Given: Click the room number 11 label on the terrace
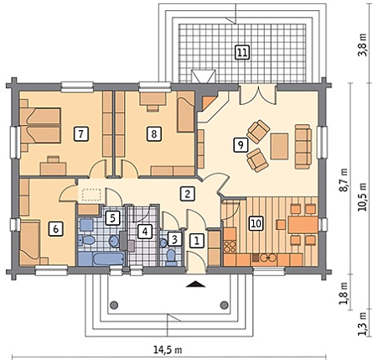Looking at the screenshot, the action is pyautogui.click(x=242, y=52).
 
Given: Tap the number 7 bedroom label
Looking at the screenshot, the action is pyautogui.click(x=81, y=134).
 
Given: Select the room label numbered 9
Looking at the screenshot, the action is pyautogui.click(x=241, y=145).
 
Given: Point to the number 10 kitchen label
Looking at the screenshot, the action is pyautogui.click(x=256, y=223).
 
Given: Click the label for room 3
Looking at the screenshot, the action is pyautogui.click(x=174, y=239).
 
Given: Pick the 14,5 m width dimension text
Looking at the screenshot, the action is pyautogui.click(x=168, y=349).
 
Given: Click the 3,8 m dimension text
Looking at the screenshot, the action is pyautogui.click(x=363, y=44).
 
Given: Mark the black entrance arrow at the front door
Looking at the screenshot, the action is pyautogui.click(x=195, y=284).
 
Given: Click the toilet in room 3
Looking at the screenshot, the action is pyautogui.click(x=171, y=258).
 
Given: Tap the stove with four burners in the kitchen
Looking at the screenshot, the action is pyautogui.click(x=230, y=247).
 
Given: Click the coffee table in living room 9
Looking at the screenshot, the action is pyautogui.click(x=279, y=146).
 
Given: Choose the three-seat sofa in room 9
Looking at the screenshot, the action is pyautogui.click(x=303, y=147).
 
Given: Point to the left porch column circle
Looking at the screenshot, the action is pyautogui.click(x=113, y=305).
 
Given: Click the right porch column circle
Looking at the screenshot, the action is pyautogui.click(x=224, y=305).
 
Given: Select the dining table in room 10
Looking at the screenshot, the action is pyautogui.click(x=303, y=224).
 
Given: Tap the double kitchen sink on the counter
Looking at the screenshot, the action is pyautogui.click(x=268, y=258).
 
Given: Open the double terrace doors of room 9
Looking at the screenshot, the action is pyautogui.click(x=258, y=95).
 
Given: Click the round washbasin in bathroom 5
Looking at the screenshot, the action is pyautogui.click(x=114, y=241).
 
